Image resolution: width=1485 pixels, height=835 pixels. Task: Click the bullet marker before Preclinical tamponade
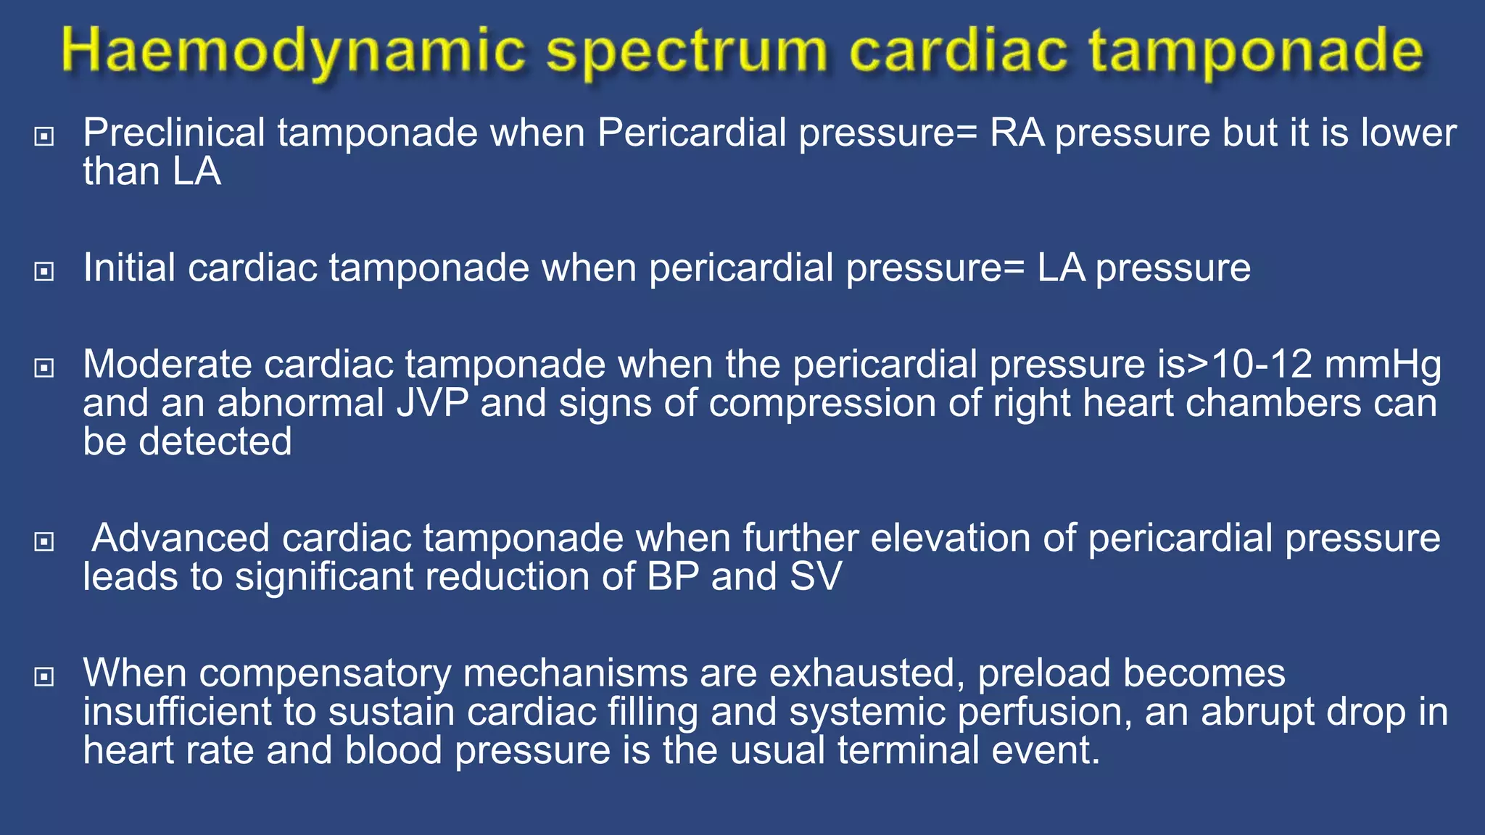tap(44, 136)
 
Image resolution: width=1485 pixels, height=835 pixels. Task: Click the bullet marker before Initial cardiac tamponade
tap(44, 271)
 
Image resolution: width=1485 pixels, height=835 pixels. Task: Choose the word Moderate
tap(167, 365)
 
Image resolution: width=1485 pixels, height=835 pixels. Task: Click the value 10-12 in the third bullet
tap(1262, 365)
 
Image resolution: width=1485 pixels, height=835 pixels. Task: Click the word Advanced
tap(181, 539)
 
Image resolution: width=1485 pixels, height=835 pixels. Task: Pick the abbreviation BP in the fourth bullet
tap(673, 578)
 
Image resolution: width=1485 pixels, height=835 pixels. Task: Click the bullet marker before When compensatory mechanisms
tap(44, 676)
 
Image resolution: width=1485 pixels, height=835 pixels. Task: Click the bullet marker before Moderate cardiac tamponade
tap(44, 367)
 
